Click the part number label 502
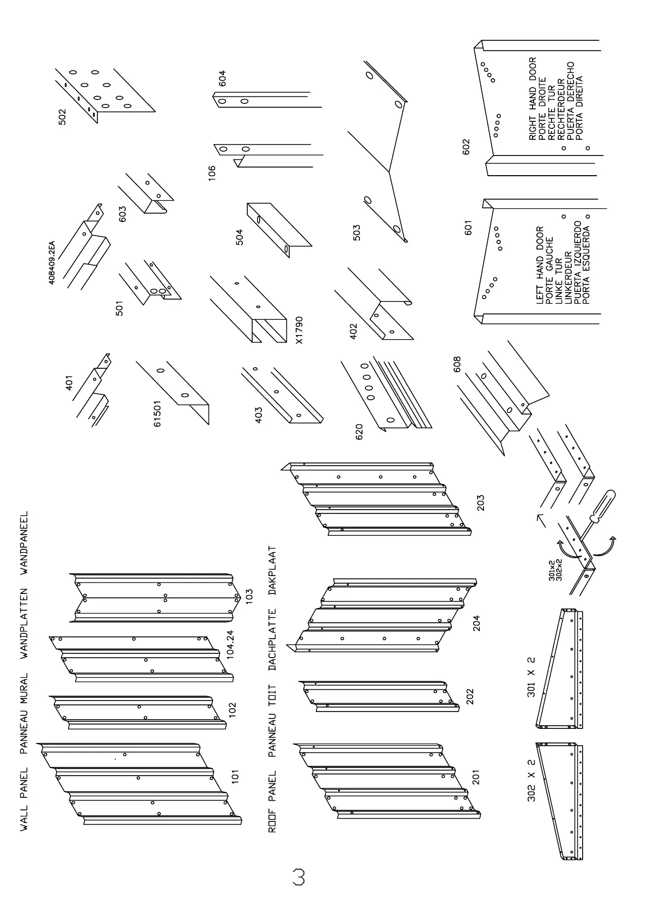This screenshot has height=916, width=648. tap(62, 117)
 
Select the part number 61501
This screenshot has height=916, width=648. tap(157, 413)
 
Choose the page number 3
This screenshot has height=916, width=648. tap(298, 877)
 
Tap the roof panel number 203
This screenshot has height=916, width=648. tap(480, 502)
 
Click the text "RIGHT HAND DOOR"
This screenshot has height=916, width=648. tap(533, 99)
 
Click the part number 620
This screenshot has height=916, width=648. tap(359, 432)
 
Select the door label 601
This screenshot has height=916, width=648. tap(468, 227)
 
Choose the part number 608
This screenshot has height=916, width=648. tap(456, 364)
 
